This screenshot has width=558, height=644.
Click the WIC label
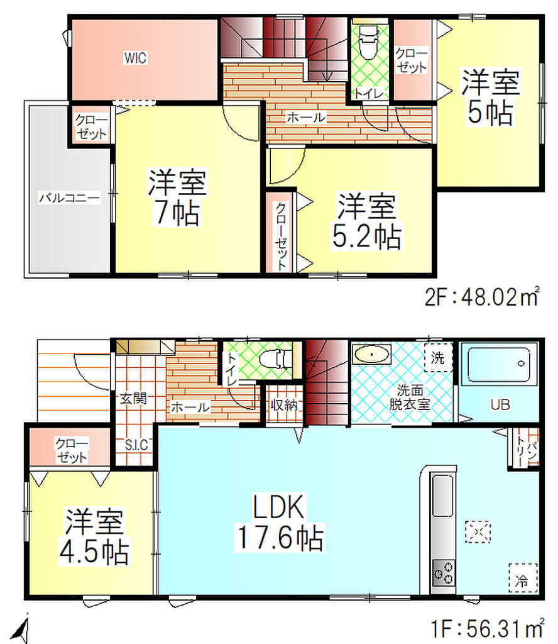point(135,58)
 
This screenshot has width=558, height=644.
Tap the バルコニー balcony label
point(69,198)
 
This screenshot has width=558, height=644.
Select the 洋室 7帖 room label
point(177,197)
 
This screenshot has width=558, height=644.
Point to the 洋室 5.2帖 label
point(366,221)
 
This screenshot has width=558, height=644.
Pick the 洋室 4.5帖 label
point(94,537)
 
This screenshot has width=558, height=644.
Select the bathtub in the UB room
point(498,364)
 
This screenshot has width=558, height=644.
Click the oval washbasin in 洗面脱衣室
point(371,354)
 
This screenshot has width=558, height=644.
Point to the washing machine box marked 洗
point(438,357)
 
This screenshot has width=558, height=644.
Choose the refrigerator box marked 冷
point(523,577)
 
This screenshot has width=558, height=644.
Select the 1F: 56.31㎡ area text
point(488,628)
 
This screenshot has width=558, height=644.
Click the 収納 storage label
point(284,406)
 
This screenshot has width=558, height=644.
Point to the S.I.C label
point(136,445)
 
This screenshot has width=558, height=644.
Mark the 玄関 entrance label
point(133,398)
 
